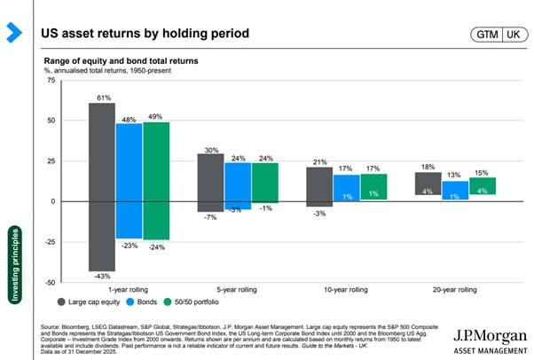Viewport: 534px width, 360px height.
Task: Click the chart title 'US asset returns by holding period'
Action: tap(145, 34)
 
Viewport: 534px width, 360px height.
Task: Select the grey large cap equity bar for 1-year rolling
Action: tap(102, 186)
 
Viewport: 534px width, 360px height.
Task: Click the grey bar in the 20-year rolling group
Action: tap(428, 183)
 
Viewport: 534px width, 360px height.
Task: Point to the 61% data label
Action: tap(103, 96)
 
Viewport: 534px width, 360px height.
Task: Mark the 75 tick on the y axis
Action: tap(51, 80)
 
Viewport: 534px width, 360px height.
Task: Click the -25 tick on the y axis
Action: tap(48, 242)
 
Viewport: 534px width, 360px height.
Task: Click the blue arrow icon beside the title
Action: tap(13, 34)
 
